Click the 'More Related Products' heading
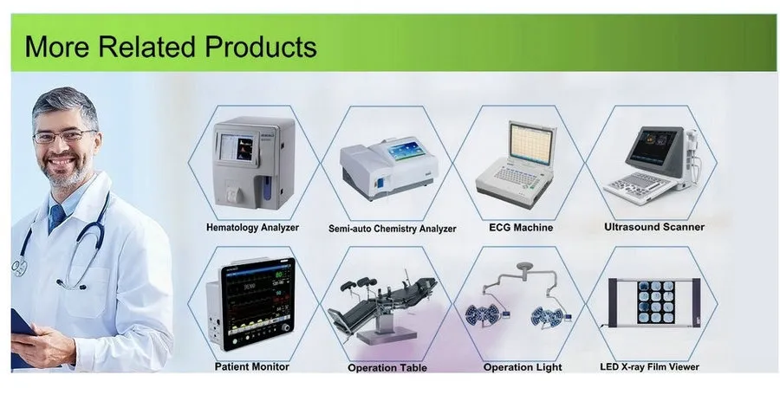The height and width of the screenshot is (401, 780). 171,46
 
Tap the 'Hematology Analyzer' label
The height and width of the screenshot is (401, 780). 252,228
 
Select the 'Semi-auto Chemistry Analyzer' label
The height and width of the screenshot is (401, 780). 392,230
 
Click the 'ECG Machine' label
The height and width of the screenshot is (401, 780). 520,228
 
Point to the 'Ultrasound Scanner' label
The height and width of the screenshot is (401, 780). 653,227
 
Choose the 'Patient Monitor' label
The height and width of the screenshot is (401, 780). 252,366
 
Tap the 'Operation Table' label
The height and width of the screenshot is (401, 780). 387,368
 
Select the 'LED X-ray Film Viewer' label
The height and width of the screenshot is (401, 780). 649,367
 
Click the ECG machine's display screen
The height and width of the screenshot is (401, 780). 533,142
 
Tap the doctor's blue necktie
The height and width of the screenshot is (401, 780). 57,217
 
